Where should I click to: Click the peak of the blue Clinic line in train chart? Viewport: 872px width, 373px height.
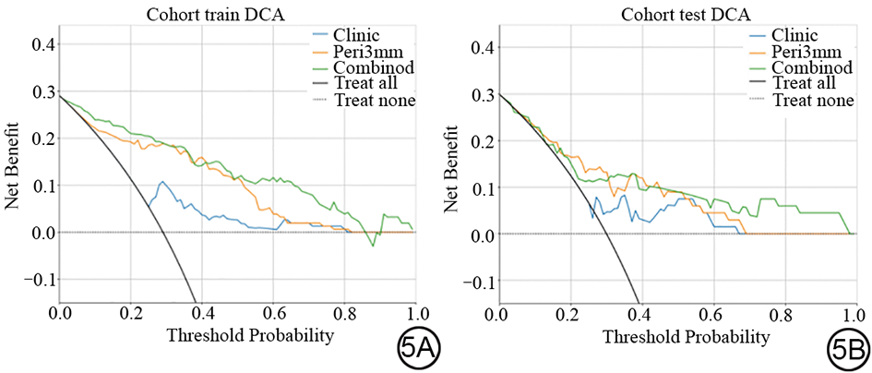[x=162, y=182]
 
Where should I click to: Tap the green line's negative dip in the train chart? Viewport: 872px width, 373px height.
[x=373, y=246]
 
